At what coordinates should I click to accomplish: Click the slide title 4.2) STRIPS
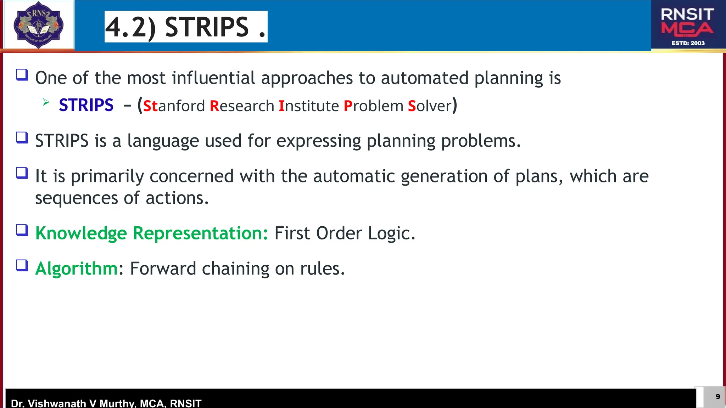(x=186, y=27)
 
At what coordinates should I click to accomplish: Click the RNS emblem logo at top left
(x=38, y=25)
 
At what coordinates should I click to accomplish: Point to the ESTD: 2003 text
(x=688, y=43)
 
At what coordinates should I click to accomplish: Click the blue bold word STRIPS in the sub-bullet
(x=86, y=105)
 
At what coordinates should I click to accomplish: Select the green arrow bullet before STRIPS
(x=46, y=103)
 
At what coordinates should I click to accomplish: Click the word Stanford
(x=174, y=106)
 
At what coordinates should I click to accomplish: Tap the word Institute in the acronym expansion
(x=309, y=106)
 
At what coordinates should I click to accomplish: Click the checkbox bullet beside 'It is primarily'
(x=22, y=173)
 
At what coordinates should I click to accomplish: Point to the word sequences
(x=76, y=198)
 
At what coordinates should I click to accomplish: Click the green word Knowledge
(x=81, y=233)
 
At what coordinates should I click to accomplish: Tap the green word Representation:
(x=200, y=233)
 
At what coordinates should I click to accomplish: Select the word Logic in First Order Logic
(x=391, y=233)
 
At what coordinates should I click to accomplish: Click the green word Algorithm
(x=76, y=269)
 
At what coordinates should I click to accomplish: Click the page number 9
(x=717, y=397)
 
